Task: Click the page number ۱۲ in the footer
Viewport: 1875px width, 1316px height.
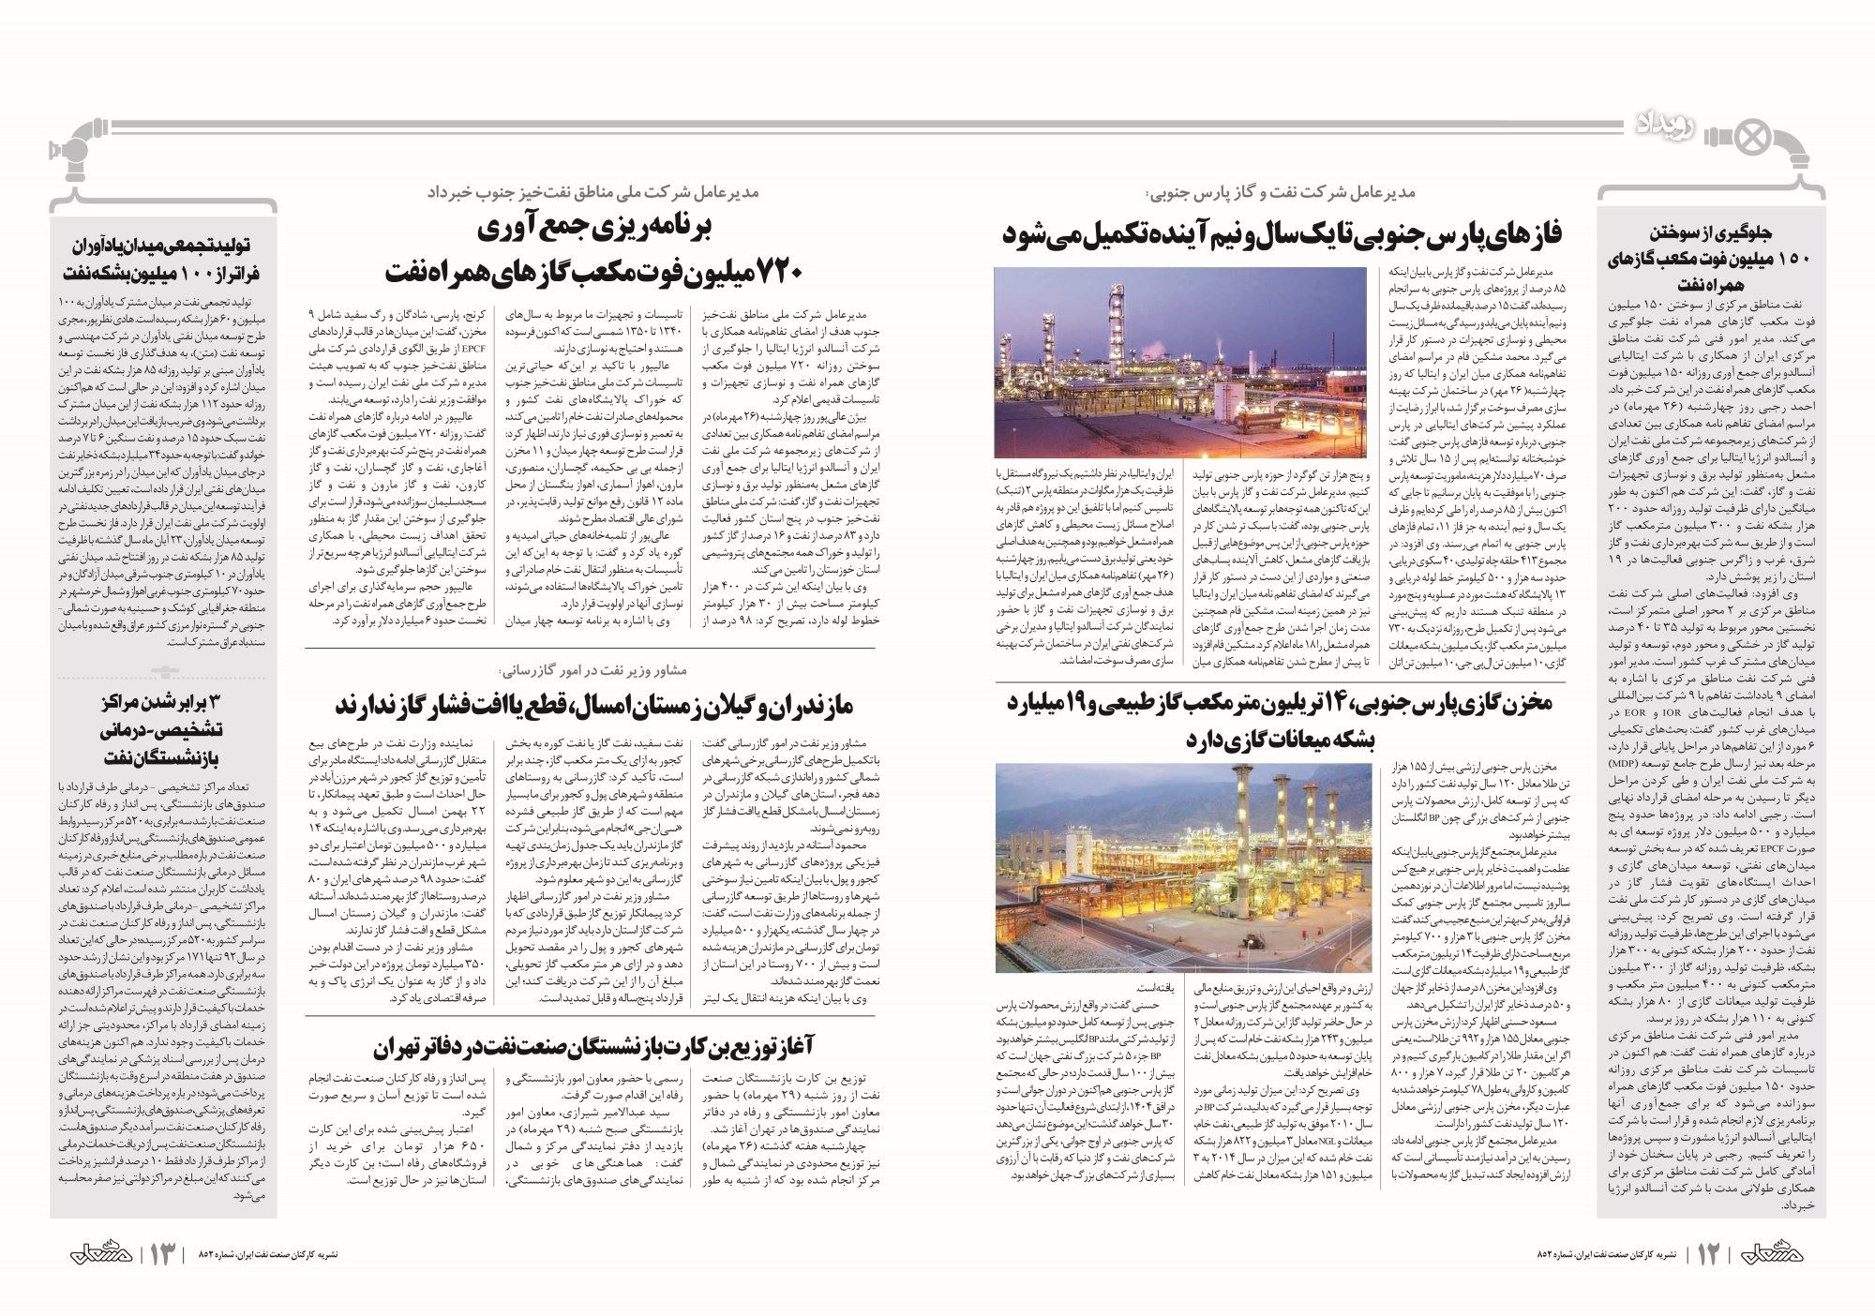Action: click(x=1708, y=1253)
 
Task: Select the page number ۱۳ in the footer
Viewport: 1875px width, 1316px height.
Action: click(x=160, y=1253)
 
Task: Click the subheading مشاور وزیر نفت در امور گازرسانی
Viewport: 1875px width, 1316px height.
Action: click(x=592, y=670)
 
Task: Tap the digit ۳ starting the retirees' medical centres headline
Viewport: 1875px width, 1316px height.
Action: click(x=212, y=703)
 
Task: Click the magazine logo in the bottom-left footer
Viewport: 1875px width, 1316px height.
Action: click(x=95, y=1253)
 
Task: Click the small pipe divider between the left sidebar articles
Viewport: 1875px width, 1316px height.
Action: click(x=164, y=672)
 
